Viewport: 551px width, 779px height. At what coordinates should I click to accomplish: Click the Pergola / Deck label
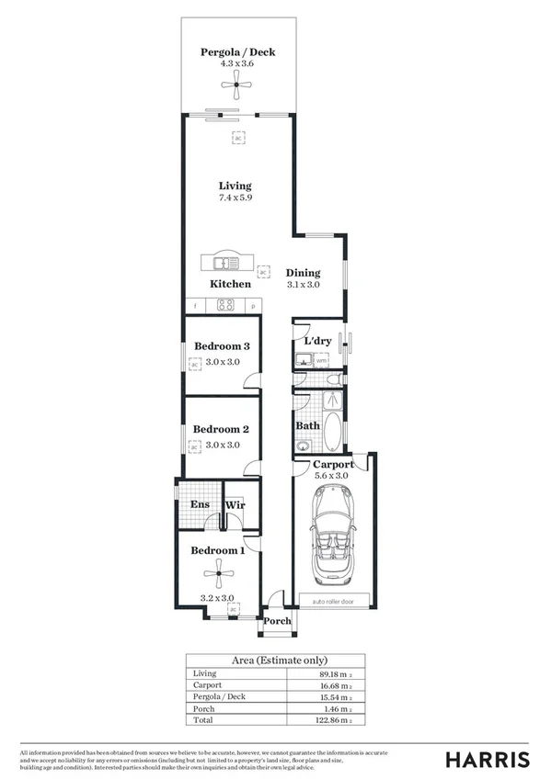point(237,52)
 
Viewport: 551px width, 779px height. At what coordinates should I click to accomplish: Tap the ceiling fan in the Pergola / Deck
point(237,89)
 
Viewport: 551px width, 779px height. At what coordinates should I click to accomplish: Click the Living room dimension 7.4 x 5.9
point(235,198)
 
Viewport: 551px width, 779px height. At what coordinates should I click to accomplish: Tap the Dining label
point(303,273)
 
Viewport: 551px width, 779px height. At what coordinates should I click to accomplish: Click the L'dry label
point(317,342)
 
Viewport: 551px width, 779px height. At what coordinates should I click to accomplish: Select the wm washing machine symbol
point(321,361)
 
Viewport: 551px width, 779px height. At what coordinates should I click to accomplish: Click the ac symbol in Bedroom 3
point(194,365)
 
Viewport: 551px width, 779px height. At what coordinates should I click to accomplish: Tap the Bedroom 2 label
point(220,429)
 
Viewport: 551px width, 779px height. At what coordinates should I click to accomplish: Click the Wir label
point(235,504)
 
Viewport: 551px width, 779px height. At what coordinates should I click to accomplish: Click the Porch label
point(277,621)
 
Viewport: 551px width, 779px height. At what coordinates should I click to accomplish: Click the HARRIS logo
point(487,759)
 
